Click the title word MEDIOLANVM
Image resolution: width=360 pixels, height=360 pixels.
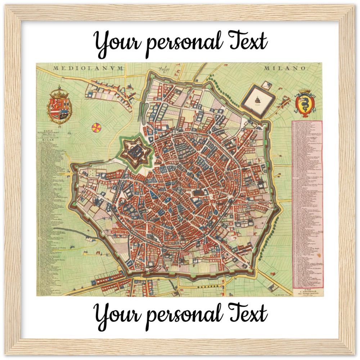click(x=89, y=68)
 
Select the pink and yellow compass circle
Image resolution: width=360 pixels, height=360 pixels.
click(x=96, y=127)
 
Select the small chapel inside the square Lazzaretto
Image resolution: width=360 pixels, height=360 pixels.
click(x=257, y=100)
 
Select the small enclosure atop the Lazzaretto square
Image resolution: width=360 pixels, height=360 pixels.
click(x=266, y=86)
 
